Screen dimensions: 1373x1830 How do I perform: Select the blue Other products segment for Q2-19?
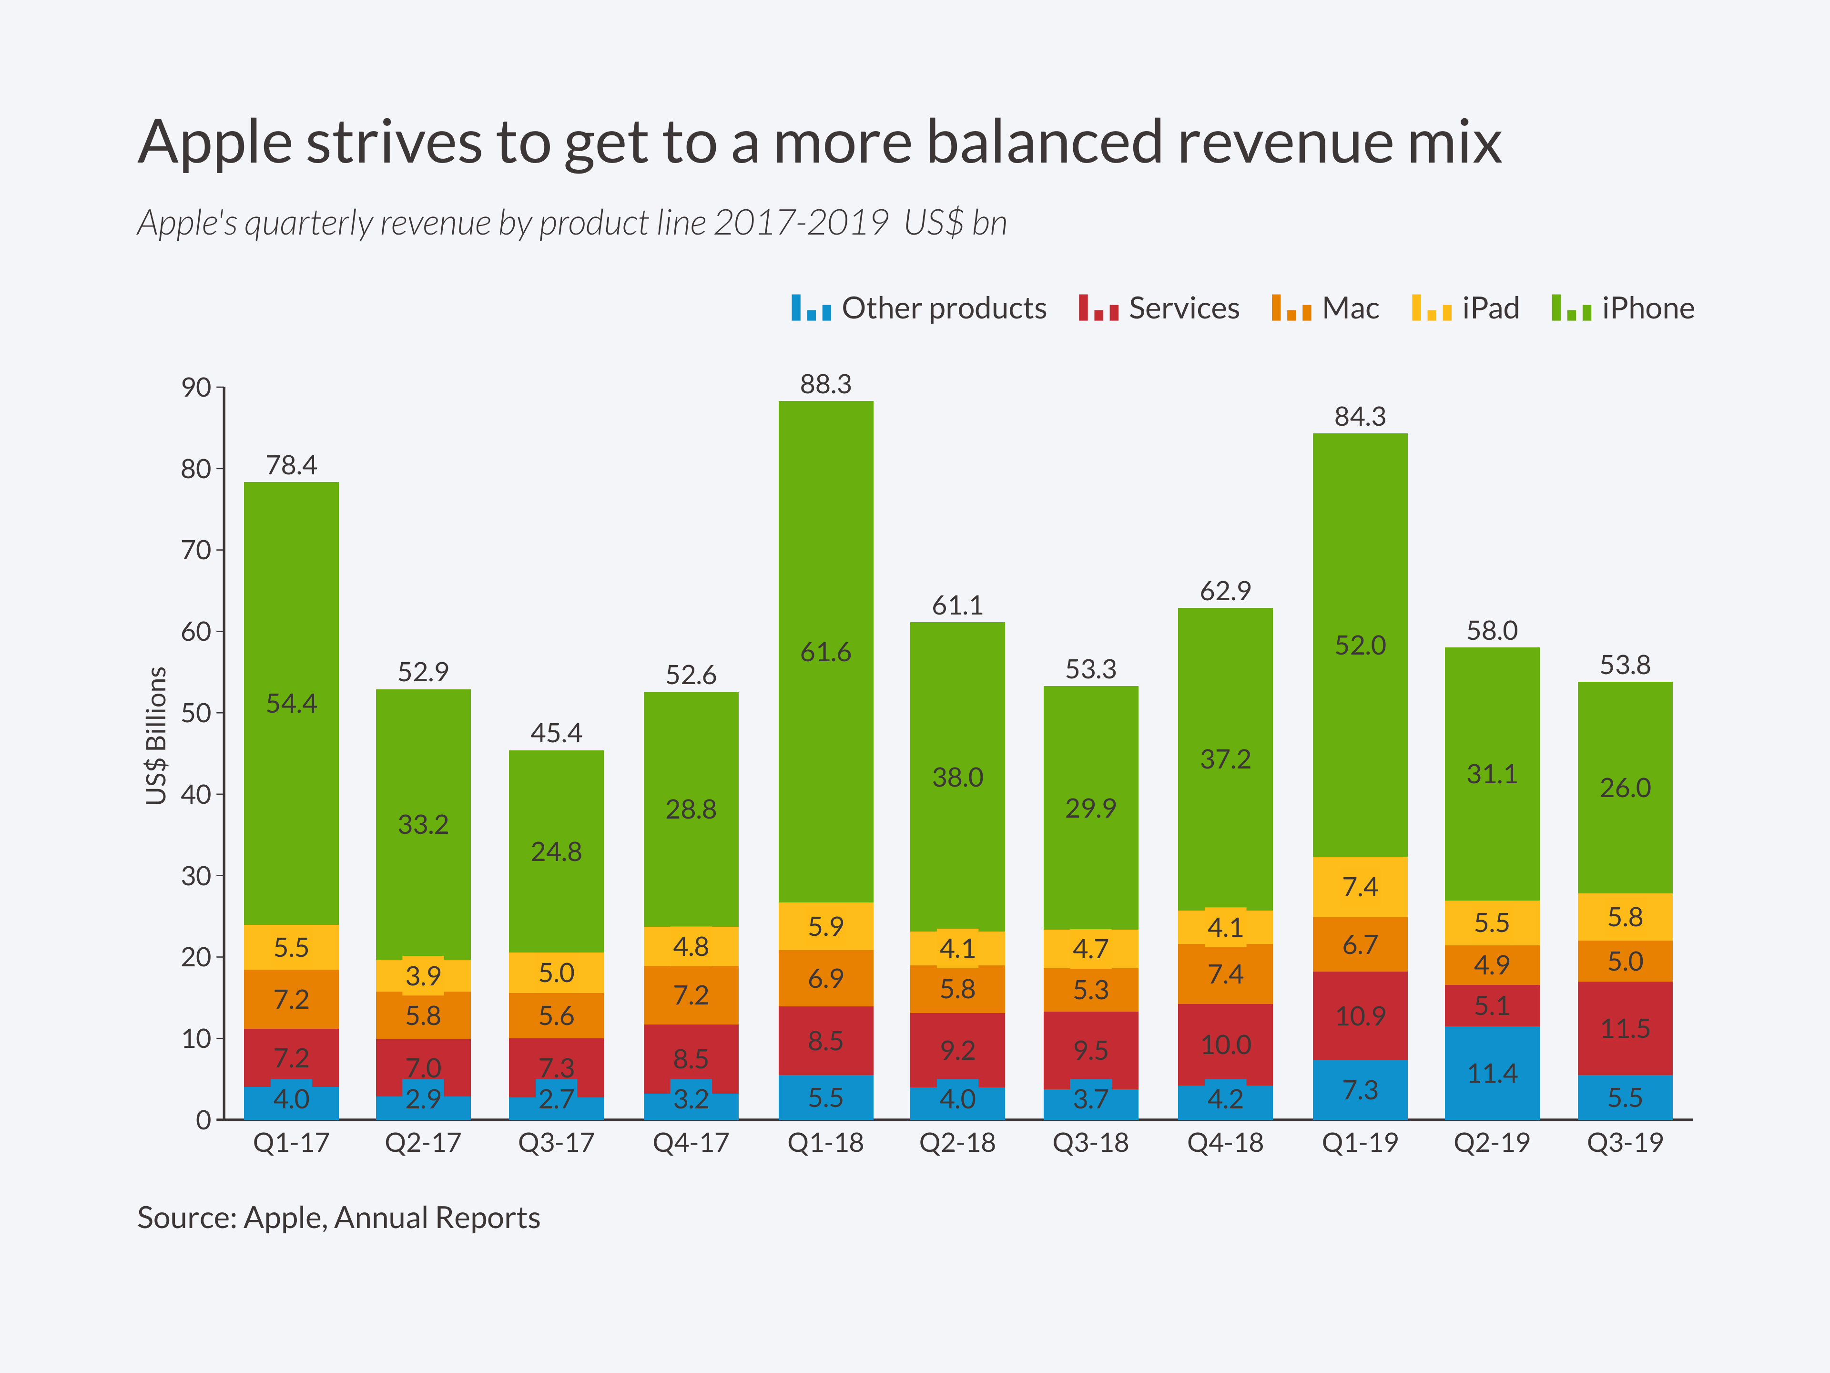pos(1492,1073)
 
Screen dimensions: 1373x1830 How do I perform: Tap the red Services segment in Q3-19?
pos(1624,1028)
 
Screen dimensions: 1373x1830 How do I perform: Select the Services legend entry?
pos(1158,308)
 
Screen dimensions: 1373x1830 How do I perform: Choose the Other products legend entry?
pos(918,308)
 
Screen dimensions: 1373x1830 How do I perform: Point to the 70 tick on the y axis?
pos(197,550)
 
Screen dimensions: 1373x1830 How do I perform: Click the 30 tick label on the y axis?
pos(197,876)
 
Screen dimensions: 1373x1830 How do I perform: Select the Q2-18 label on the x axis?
pos(957,1143)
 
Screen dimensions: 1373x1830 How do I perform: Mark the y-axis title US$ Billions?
pos(155,735)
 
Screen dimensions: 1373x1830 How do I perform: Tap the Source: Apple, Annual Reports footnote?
pos(338,1218)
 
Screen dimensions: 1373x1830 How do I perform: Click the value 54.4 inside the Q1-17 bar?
pos(291,704)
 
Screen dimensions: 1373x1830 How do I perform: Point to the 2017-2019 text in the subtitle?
pos(800,223)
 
